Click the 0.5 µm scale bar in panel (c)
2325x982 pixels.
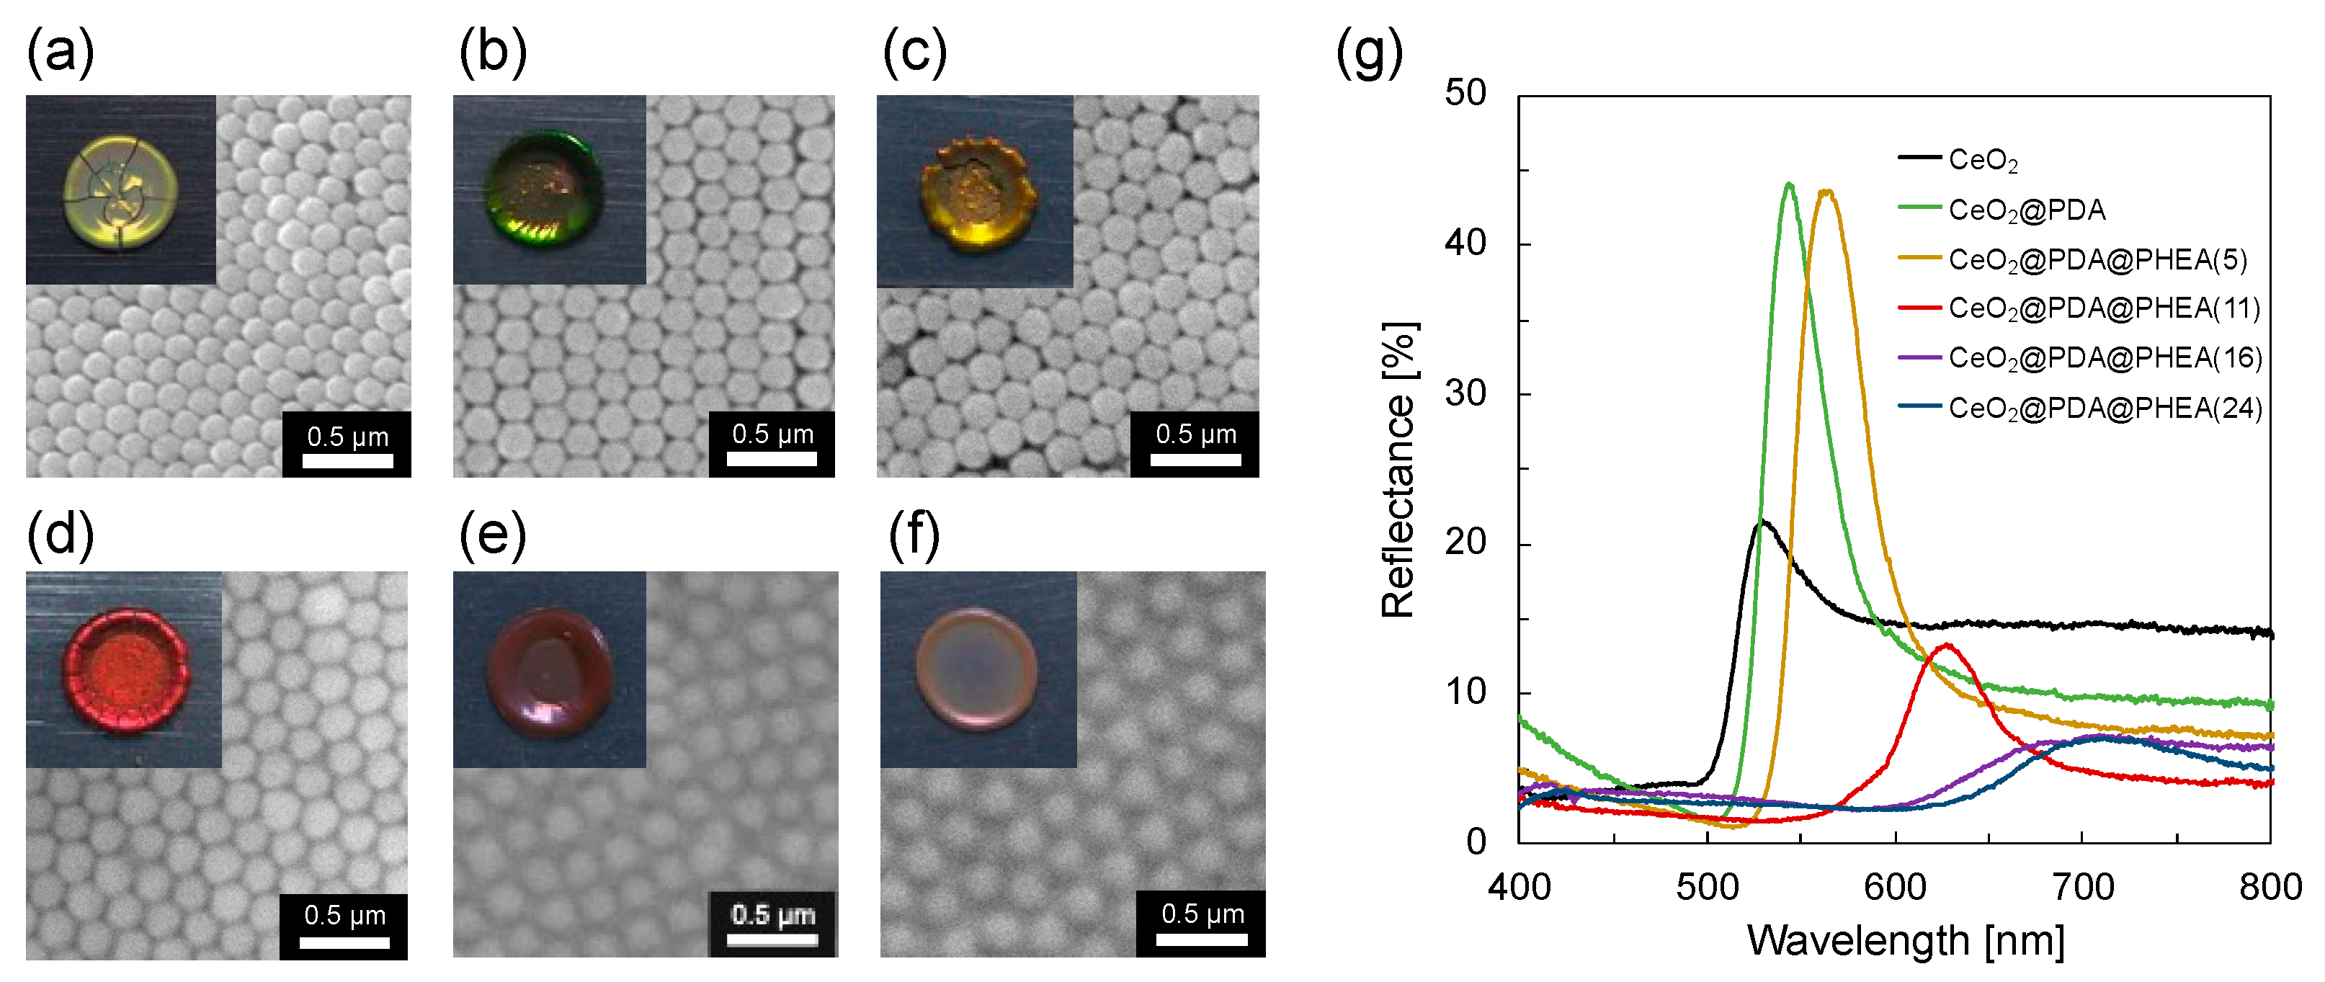(1195, 458)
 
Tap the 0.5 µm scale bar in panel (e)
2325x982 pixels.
(772, 939)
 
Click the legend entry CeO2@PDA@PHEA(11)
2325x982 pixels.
(2103, 308)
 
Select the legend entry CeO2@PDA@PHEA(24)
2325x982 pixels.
(2103, 408)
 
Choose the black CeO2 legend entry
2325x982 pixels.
(1981, 160)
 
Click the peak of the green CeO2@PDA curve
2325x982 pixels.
(1789, 184)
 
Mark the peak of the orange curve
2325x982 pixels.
(1827, 190)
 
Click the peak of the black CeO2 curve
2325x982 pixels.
(1762, 521)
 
